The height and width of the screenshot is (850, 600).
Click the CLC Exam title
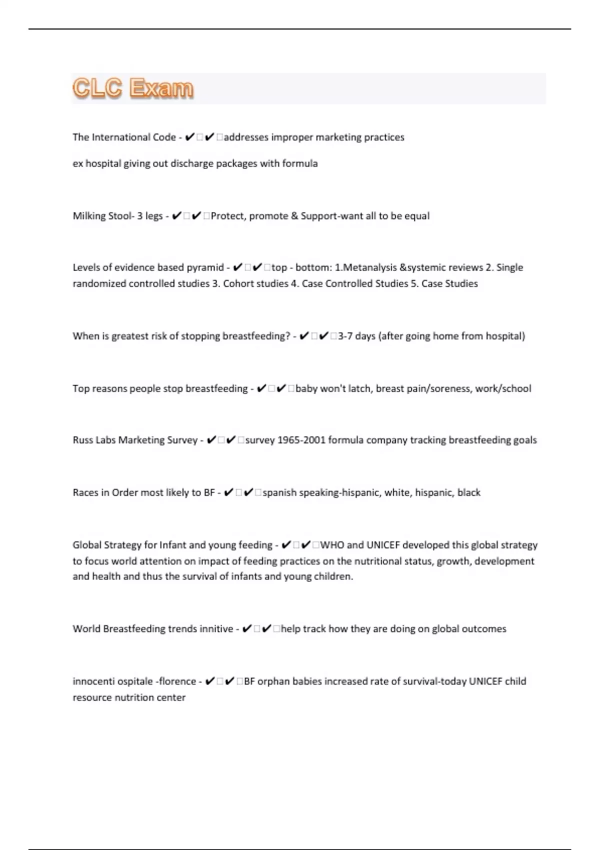pos(133,88)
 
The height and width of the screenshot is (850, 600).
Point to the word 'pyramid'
pos(205,267)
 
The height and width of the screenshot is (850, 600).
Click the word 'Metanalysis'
pos(369,267)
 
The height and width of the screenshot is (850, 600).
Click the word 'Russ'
pos(82,440)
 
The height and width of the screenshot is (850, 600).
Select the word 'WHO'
pos(332,545)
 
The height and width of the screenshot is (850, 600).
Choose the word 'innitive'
pos(216,629)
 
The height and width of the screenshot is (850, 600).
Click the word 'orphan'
pos(273,681)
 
